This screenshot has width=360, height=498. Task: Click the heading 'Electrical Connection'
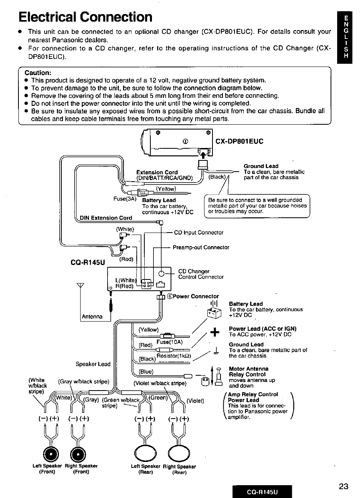point(85,17)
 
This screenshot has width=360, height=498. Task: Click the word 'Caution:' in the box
point(38,73)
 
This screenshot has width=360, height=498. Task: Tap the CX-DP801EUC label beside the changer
point(240,141)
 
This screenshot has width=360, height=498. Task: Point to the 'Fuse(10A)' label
point(170,342)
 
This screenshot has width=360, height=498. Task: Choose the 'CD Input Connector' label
point(198,233)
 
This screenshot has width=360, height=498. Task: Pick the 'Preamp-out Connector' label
point(201,247)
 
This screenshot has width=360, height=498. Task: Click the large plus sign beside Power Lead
point(215,331)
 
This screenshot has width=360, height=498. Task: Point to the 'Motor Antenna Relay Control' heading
point(249,372)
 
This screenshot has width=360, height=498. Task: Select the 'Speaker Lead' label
point(93,364)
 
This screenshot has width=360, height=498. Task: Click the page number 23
point(343,487)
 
